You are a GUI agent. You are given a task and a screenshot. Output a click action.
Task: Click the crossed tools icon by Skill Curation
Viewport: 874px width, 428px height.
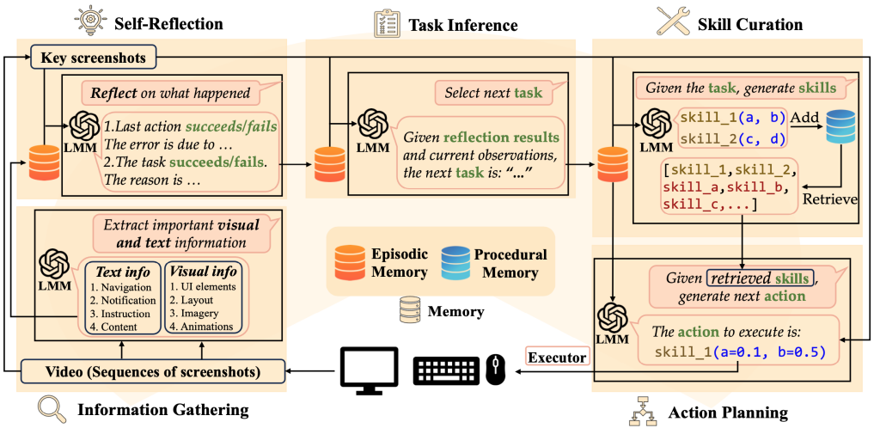[670, 21]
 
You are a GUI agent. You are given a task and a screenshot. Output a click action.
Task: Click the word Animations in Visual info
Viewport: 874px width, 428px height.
[200, 326]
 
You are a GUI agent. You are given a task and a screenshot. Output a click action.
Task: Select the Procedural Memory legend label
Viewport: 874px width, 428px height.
[509, 263]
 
